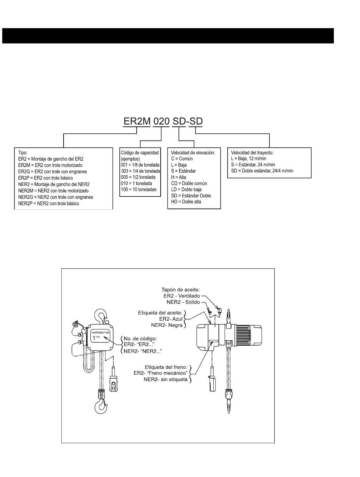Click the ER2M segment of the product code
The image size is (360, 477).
coord(136,121)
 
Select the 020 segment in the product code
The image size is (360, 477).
coord(161,121)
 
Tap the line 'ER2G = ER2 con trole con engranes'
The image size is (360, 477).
coord(52,171)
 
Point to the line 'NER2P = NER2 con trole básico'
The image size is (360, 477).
coord(49,204)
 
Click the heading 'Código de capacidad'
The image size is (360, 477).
coord(140,153)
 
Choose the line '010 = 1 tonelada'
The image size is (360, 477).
coord(136,183)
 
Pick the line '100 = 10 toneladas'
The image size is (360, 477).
coord(139,190)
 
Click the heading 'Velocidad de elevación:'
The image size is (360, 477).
coord(193,153)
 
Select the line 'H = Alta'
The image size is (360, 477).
coord(178,177)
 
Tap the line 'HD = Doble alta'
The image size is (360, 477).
coord(186,202)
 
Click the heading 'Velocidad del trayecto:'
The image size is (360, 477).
coord(252,153)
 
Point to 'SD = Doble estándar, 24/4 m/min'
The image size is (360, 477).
coord(262,171)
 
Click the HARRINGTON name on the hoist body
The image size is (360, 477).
coord(100,333)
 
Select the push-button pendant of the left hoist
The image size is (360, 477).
coord(113,379)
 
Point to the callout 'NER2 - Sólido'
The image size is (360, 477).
coord(183,302)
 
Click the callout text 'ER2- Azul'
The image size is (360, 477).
coord(171,319)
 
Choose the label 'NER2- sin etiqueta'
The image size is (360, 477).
coord(165,379)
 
